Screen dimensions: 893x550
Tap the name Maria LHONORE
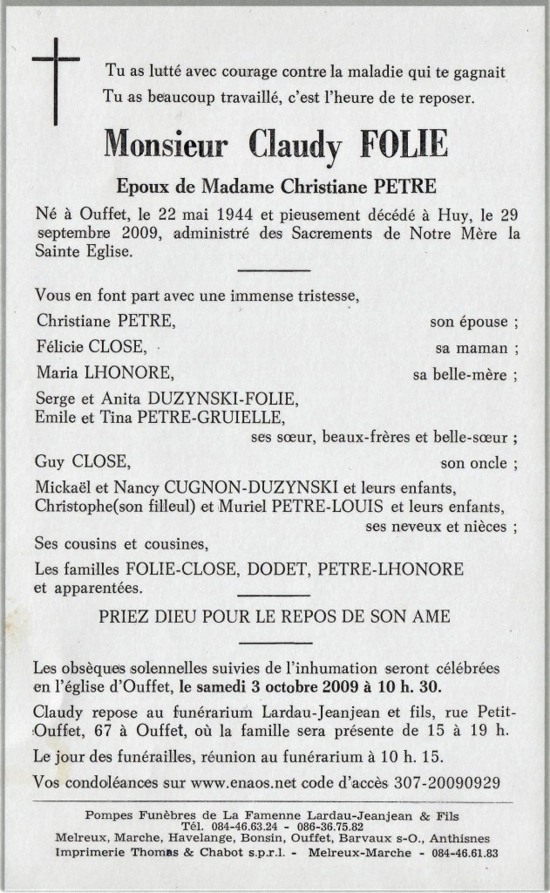click(x=105, y=374)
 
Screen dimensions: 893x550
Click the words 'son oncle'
click(x=472, y=463)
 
